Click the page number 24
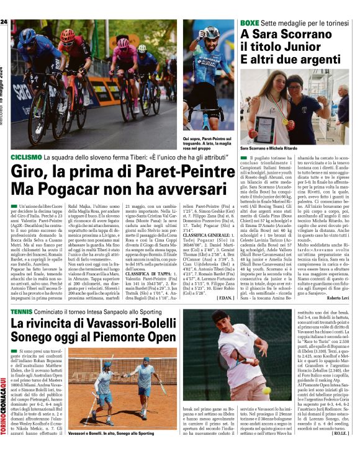pos(4,22)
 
